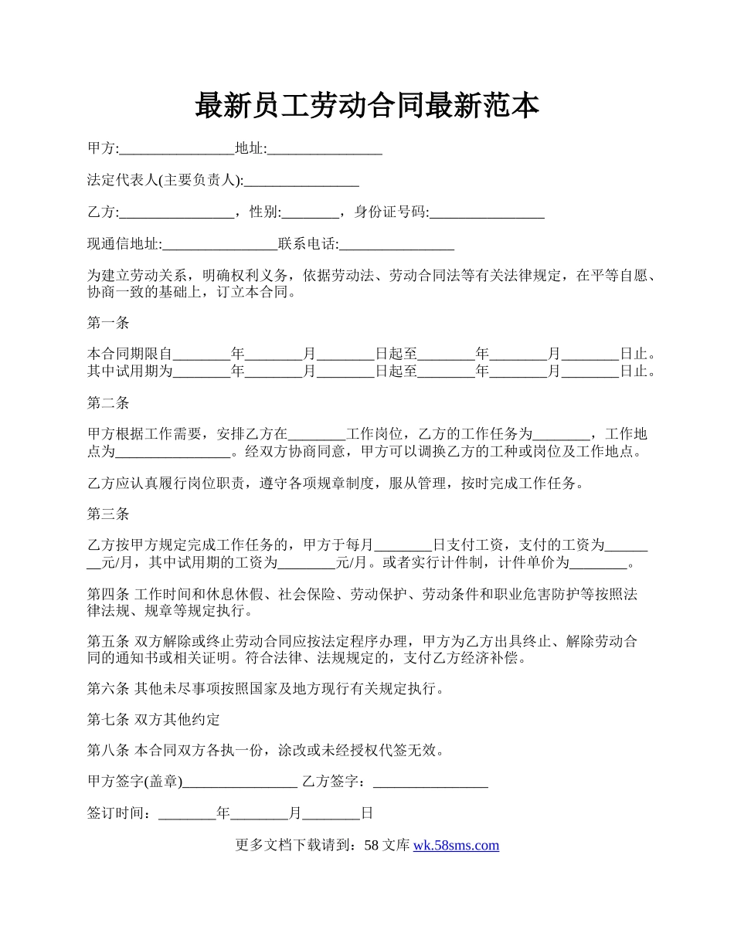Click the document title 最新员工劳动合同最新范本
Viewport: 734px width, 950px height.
click(x=366, y=106)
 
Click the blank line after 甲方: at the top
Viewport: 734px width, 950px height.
click(x=177, y=149)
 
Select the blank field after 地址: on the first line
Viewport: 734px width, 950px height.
click(x=325, y=149)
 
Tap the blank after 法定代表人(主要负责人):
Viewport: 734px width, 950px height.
click(x=301, y=181)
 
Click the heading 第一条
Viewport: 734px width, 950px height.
click(x=108, y=323)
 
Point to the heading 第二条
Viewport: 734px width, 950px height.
click(x=108, y=402)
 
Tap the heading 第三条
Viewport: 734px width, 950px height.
click(x=108, y=514)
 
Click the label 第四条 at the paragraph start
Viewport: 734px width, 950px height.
click(x=108, y=594)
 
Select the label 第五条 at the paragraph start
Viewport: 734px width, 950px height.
click(x=108, y=641)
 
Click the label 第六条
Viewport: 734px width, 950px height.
click(x=108, y=688)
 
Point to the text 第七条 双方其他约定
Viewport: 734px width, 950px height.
click(x=154, y=720)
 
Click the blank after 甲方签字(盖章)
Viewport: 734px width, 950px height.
click(x=240, y=782)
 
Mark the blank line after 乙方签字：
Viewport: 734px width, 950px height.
click(x=430, y=782)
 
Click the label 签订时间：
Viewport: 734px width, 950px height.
click(x=122, y=813)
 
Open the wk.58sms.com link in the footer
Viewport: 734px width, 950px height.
click(x=456, y=845)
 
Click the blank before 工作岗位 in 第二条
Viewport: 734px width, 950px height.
click(x=317, y=434)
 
